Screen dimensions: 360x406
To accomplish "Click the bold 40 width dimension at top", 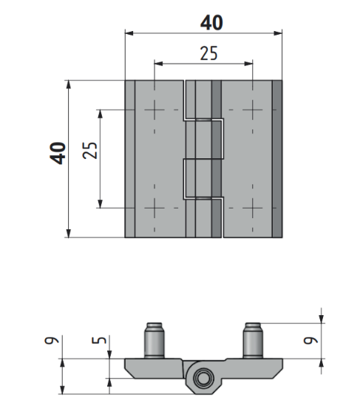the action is tap(211, 22).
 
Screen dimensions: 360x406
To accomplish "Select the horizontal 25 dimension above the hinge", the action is tap(209, 53).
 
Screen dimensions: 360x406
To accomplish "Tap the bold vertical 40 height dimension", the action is tap(58, 153).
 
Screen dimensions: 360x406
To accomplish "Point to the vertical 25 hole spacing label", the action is tap(90, 150).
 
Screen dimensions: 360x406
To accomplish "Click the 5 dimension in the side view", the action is tap(100, 340).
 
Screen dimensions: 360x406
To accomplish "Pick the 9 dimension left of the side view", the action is tap(52, 340).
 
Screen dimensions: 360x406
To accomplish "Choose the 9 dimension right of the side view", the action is tap(310, 340).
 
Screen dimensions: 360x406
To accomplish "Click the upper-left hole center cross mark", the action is tap(154, 109).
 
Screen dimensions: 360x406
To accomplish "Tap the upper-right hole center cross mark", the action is tap(252, 109).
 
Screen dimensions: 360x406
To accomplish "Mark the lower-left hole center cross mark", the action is tap(154, 208).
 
